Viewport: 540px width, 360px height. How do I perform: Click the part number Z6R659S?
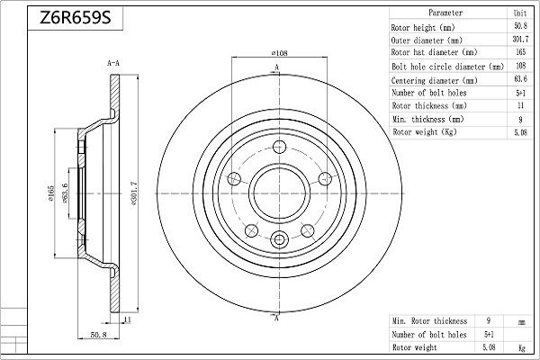tap(76, 18)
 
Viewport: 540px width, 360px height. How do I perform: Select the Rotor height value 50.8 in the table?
tap(520, 26)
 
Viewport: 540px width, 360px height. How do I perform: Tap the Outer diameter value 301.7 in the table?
tap(520, 40)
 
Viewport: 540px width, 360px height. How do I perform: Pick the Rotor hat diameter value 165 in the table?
tap(521, 52)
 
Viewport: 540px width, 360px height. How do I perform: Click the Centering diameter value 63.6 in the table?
tap(520, 79)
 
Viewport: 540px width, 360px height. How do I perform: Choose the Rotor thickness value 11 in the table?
tap(520, 105)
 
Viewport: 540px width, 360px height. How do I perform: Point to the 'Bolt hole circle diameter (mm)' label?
tap(447, 67)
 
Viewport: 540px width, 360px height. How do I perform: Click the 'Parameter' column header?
tap(445, 13)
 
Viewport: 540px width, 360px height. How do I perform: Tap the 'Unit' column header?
tap(520, 13)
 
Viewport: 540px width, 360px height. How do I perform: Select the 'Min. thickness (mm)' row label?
tap(428, 119)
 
